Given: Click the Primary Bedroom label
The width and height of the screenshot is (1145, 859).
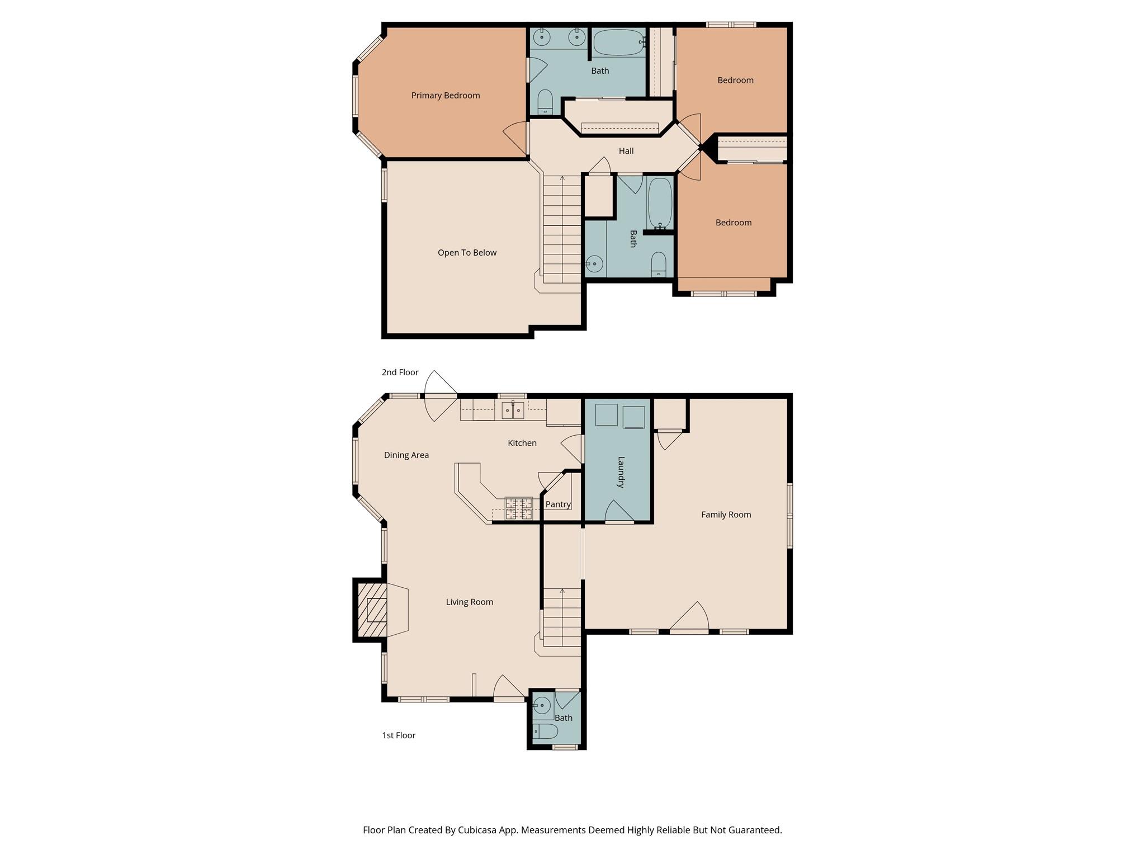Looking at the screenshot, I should [x=446, y=96].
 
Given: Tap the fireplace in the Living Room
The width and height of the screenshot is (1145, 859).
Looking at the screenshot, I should [x=377, y=610].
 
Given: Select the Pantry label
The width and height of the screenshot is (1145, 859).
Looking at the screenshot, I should [x=558, y=504].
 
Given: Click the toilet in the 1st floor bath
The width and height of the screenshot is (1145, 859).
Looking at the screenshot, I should [x=546, y=731].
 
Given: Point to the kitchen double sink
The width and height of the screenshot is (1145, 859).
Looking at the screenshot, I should [x=513, y=411].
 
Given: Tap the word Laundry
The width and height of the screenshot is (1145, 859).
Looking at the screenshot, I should [x=621, y=473].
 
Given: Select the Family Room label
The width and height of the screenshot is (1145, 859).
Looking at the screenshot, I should [x=726, y=515].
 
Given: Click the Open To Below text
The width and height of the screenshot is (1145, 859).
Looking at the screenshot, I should [x=467, y=253].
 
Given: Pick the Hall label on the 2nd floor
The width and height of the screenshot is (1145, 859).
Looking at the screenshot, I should [x=626, y=151].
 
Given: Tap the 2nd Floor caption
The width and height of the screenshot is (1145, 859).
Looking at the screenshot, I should [x=400, y=372].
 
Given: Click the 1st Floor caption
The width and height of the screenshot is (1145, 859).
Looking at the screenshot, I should [x=399, y=735].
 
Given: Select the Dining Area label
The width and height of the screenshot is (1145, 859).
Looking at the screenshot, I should [x=406, y=455].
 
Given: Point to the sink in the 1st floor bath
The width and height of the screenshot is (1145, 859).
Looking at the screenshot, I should [x=542, y=706].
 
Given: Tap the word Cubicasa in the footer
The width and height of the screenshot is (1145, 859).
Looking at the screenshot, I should [x=478, y=830].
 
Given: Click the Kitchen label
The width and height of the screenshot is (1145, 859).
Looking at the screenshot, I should [x=522, y=443].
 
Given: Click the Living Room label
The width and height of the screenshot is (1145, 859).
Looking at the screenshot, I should [x=469, y=602].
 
